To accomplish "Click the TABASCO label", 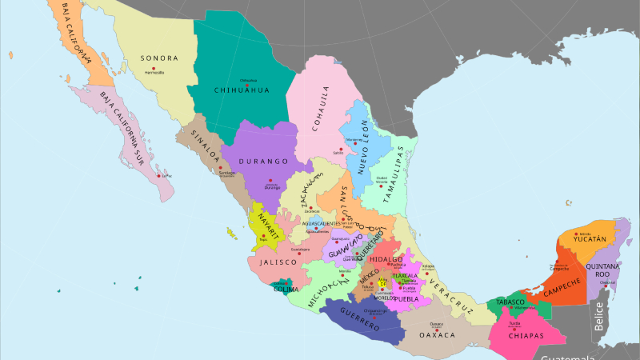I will [510, 302].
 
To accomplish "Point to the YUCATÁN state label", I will [589, 238].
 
